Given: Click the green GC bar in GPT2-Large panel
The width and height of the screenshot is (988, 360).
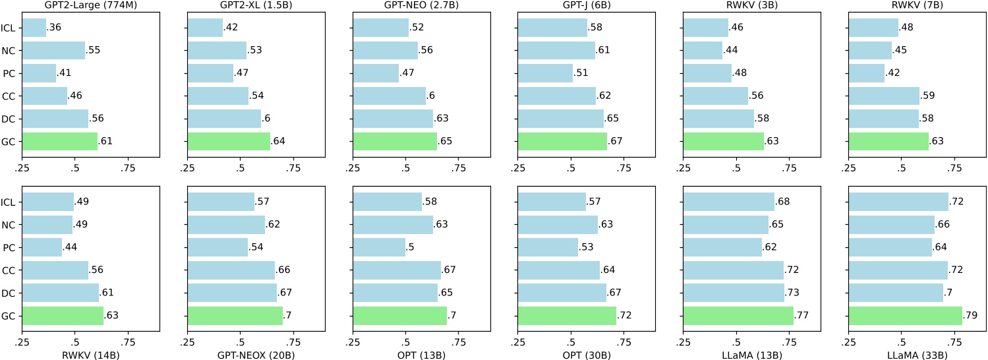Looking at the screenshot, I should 60,142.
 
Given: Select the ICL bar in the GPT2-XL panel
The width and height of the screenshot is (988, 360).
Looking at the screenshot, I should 205,28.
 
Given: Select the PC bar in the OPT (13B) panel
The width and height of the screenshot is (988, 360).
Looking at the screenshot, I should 379,248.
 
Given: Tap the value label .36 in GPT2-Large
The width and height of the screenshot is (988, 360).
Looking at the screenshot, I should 55,28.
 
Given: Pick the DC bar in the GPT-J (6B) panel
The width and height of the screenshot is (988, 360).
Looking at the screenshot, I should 561,119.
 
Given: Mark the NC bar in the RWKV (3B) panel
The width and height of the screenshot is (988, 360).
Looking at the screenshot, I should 703,50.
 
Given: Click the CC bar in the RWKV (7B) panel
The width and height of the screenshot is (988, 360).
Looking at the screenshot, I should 884,96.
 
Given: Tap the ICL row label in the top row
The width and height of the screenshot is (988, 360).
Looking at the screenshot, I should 9,28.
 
